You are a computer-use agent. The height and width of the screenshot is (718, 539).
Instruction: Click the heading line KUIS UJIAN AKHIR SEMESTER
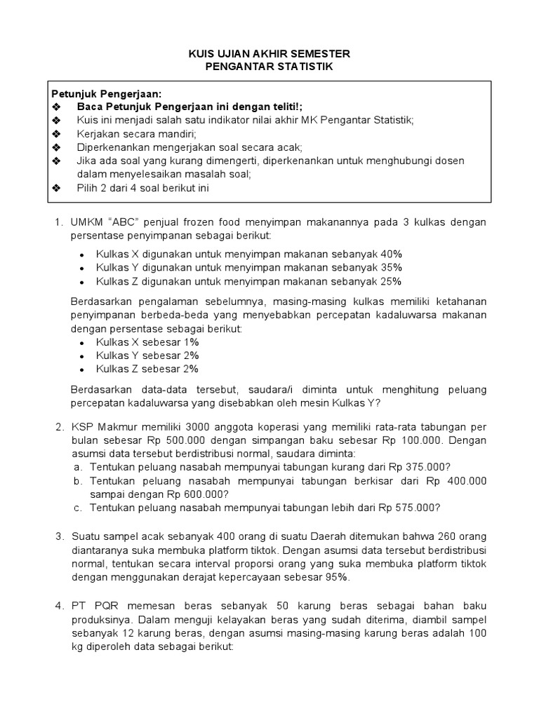pos(269,54)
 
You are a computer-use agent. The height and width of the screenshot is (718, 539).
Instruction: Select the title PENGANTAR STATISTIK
pos(269,67)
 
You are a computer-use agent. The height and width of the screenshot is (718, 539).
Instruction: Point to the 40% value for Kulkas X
pos(391,254)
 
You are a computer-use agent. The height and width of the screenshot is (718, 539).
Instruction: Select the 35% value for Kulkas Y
pos(391,268)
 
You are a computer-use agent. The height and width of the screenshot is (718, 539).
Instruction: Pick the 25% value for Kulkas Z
pos(391,281)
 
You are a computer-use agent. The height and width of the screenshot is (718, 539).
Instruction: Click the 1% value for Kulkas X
pos(191,341)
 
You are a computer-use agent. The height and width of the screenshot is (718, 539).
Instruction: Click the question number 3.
pos(59,537)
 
